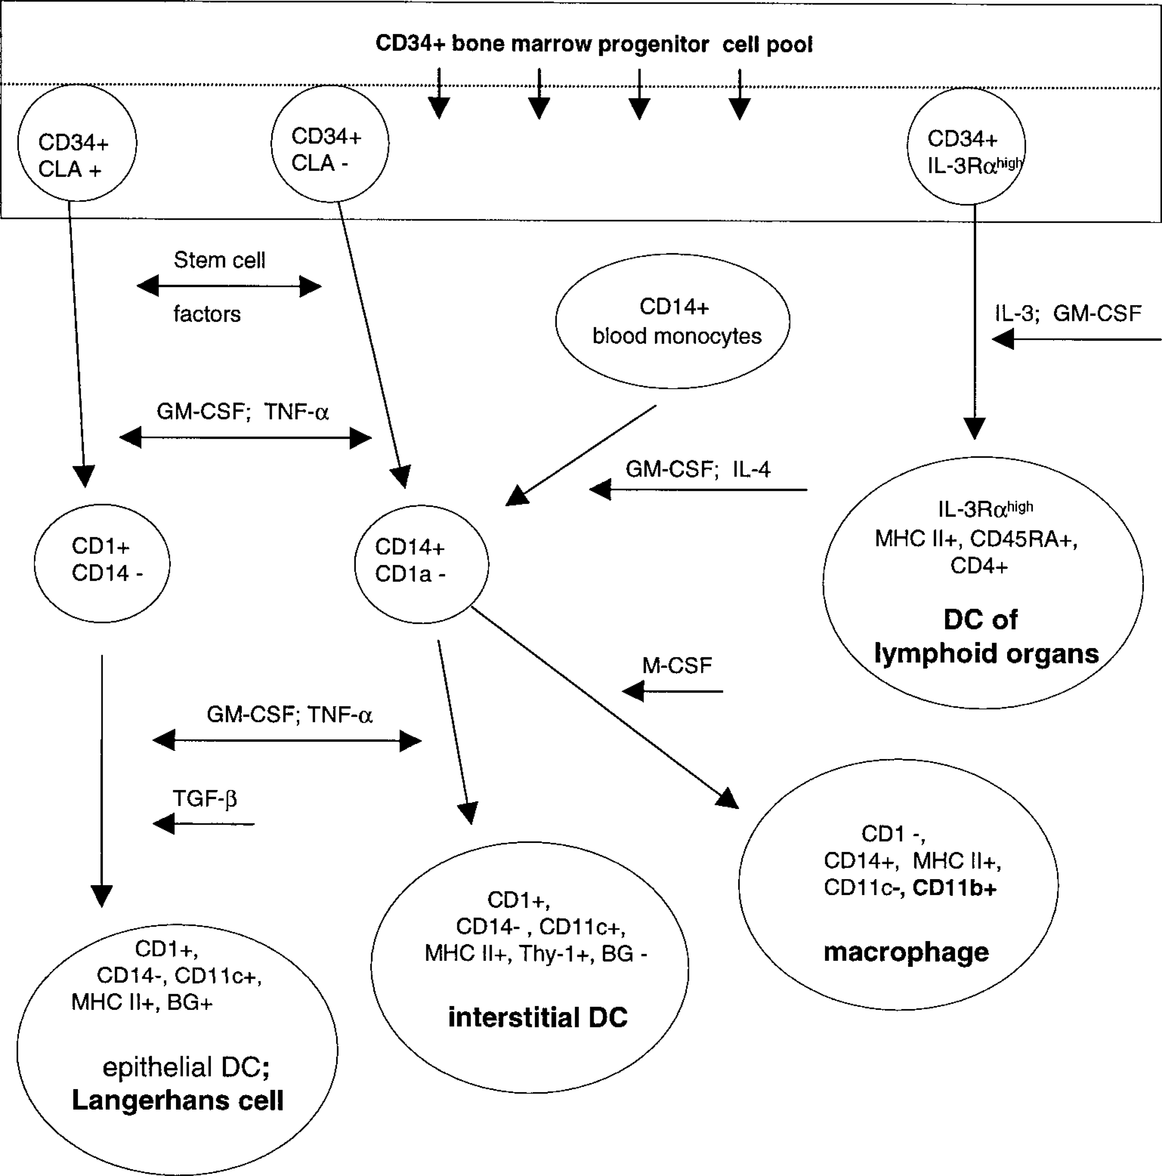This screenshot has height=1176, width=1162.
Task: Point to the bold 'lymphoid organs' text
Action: pyautogui.click(x=987, y=654)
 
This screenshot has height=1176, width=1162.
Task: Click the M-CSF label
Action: pyautogui.click(x=677, y=665)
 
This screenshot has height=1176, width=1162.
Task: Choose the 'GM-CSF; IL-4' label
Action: pyautogui.click(x=698, y=469)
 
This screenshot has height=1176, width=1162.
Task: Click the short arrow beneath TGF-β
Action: pyautogui.click(x=203, y=824)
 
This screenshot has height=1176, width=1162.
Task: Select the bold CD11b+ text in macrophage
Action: pyautogui.click(x=955, y=888)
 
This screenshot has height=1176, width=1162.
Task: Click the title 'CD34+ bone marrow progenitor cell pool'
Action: pyautogui.click(x=594, y=44)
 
